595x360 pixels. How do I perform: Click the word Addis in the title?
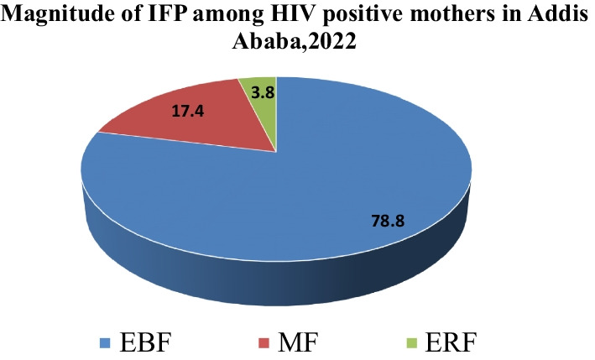(x=558, y=17)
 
